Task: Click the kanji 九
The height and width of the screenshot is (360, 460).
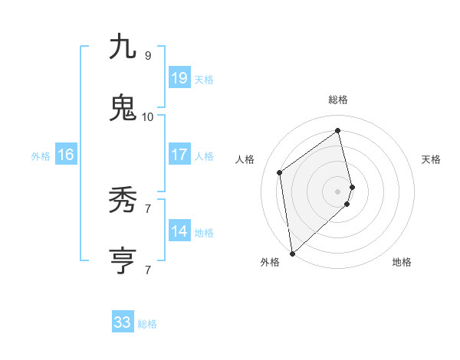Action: tap(123, 47)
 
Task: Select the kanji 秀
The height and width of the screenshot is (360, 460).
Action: tap(123, 201)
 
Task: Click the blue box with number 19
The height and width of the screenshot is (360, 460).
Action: tap(179, 78)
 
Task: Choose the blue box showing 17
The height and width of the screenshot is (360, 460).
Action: tap(179, 155)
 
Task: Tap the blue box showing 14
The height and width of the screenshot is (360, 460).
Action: tap(179, 231)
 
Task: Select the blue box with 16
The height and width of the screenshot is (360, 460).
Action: tap(66, 155)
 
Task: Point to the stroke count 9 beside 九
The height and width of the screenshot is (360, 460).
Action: tap(147, 56)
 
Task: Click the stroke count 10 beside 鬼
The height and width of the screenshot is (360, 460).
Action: tap(147, 117)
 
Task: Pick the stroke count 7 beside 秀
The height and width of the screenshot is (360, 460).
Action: tap(147, 208)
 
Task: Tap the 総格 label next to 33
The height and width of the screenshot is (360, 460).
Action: tap(148, 324)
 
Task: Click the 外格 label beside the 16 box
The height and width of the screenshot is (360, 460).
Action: tap(41, 156)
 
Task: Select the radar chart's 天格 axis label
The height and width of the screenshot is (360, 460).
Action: tap(432, 159)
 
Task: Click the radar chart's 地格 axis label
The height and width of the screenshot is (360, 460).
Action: tap(402, 263)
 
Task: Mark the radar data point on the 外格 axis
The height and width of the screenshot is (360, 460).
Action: tap(292, 253)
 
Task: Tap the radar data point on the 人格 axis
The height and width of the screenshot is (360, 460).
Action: tap(280, 172)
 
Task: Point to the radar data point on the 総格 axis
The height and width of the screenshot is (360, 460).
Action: tap(338, 130)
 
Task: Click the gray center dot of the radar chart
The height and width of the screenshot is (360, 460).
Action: tap(338, 191)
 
